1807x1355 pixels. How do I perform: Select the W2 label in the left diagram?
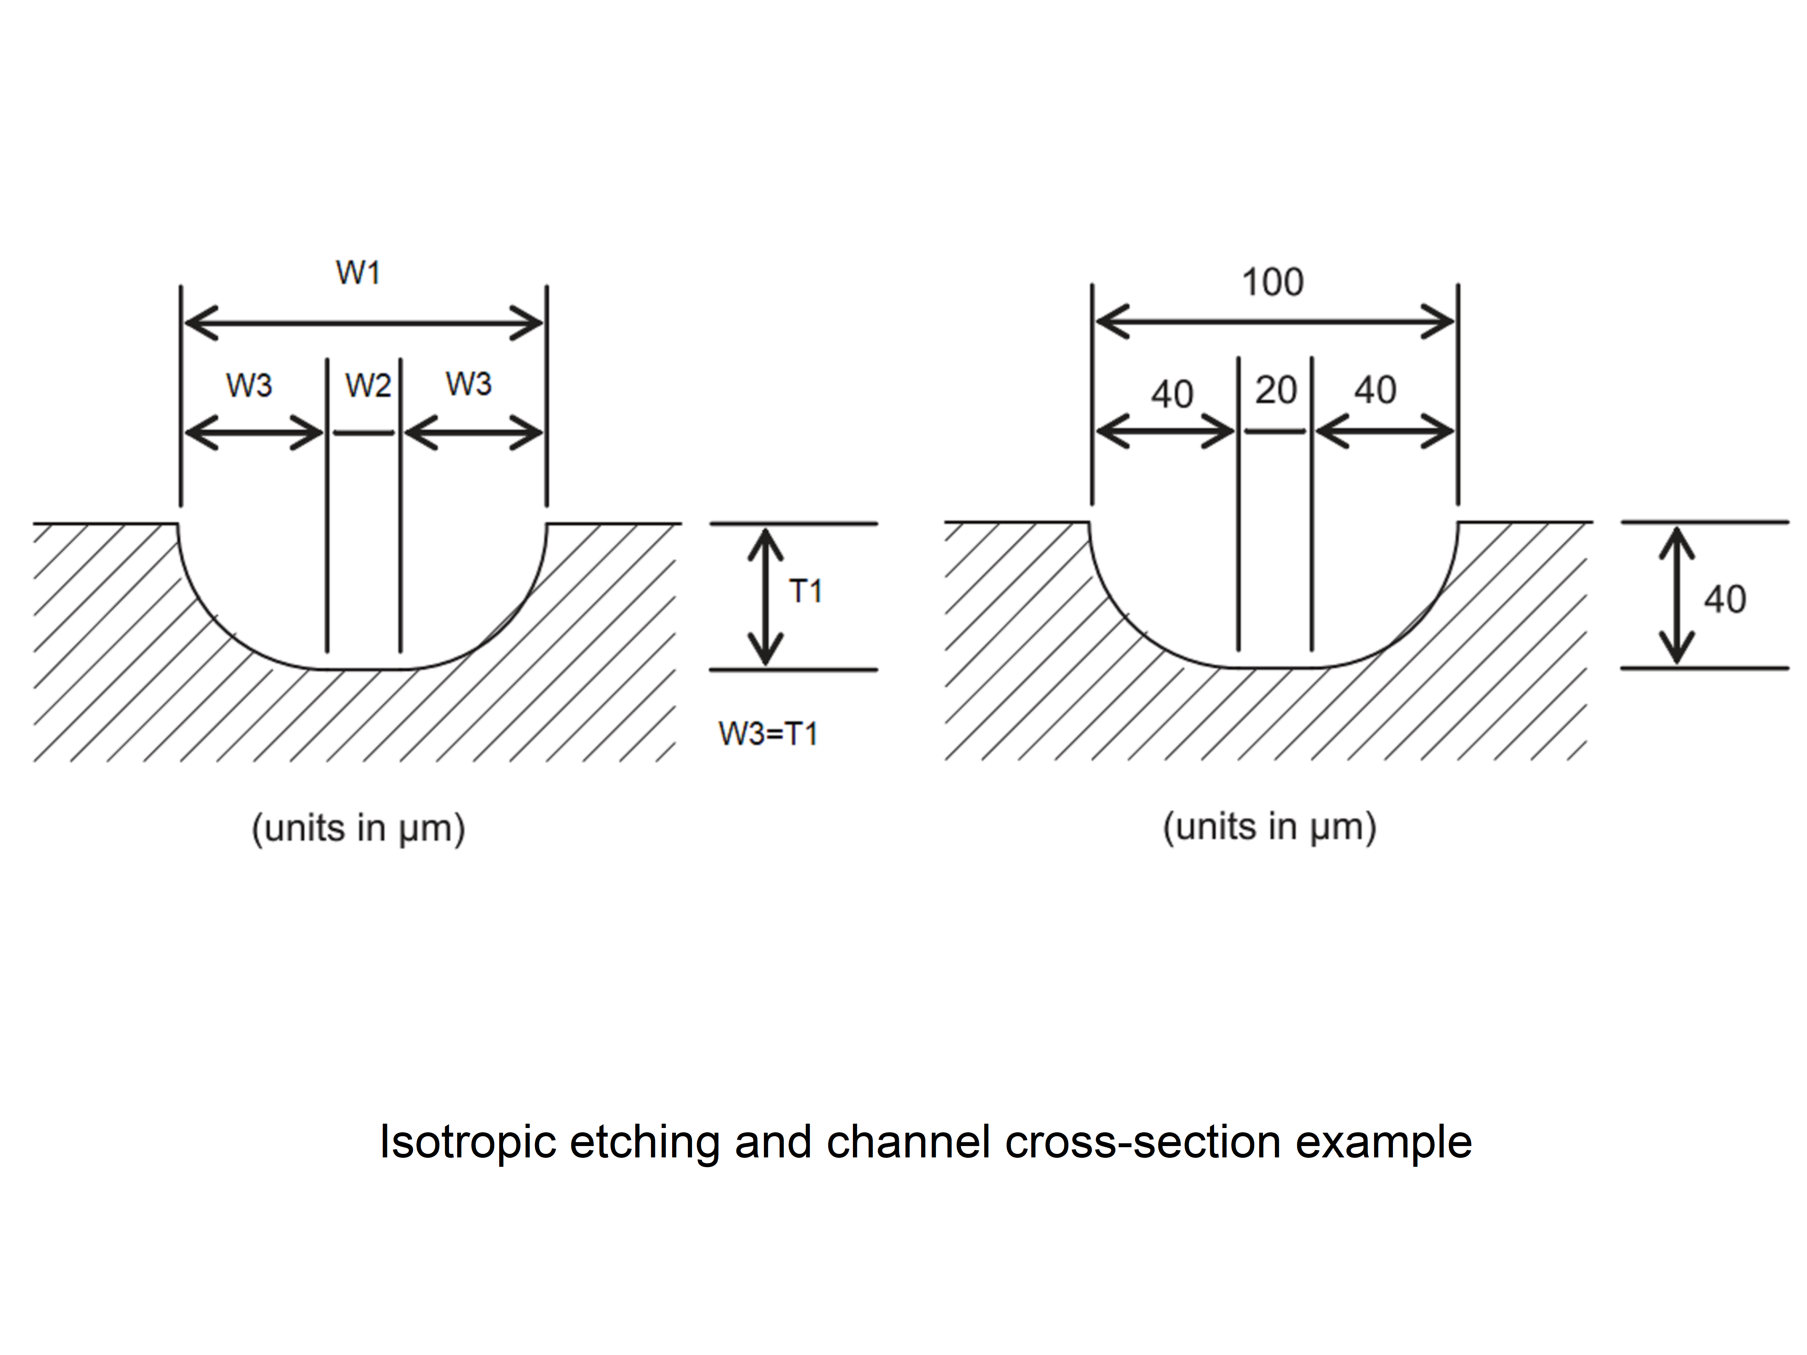tap(369, 385)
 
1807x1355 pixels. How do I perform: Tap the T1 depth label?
tap(805, 591)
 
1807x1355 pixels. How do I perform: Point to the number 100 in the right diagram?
tap(1273, 283)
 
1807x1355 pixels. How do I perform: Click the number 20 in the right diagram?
tap(1276, 391)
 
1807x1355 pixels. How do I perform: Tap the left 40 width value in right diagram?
tap(1172, 394)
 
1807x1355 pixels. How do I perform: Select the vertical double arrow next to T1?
tap(765, 596)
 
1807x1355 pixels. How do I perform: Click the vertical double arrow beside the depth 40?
tap(1676, 595)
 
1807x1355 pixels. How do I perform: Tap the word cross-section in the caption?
tap(1143, 1142)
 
